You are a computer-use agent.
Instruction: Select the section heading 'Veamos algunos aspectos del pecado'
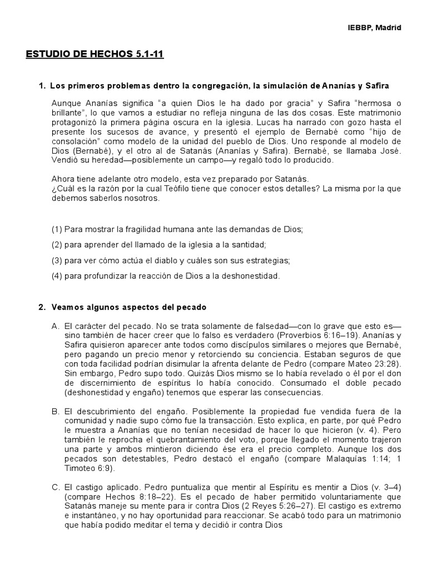point(128,307)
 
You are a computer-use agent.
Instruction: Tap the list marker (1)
point(57,229)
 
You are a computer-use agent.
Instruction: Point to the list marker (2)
point(57,244)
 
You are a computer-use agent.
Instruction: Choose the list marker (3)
point(57,260)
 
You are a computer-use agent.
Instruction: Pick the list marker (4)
point(57,276)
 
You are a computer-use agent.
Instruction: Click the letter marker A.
point(55,325)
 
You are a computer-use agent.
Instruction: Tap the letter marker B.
point(55,411)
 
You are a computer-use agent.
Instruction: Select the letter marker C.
point(55,487)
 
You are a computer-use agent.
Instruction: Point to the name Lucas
point(266,122)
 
